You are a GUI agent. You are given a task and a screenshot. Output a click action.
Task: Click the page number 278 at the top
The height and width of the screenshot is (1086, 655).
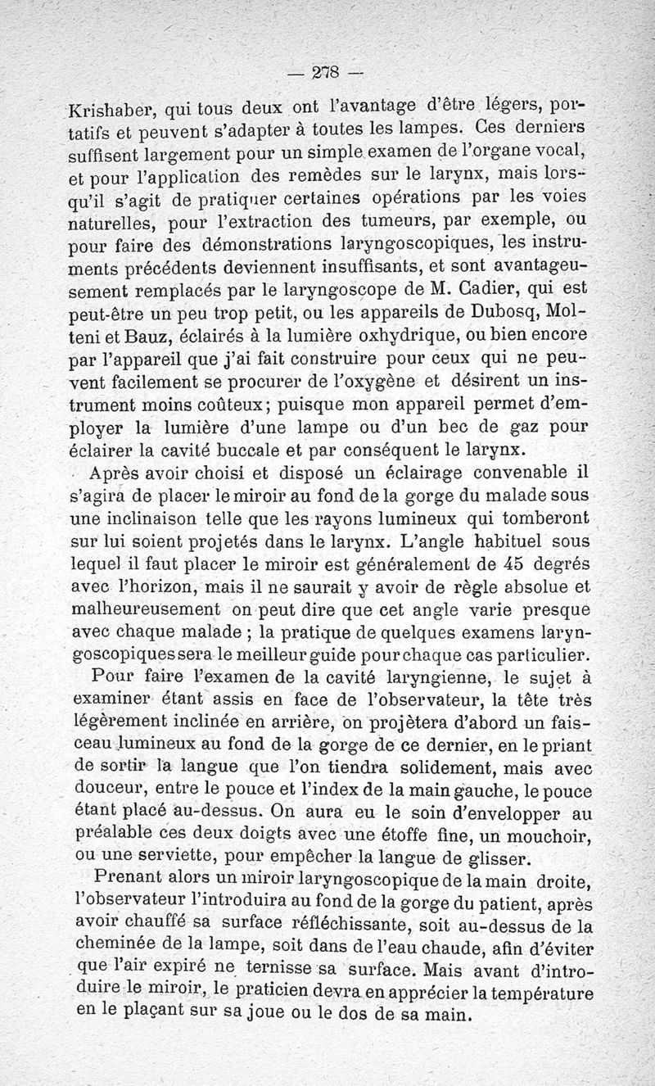(327, 71)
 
